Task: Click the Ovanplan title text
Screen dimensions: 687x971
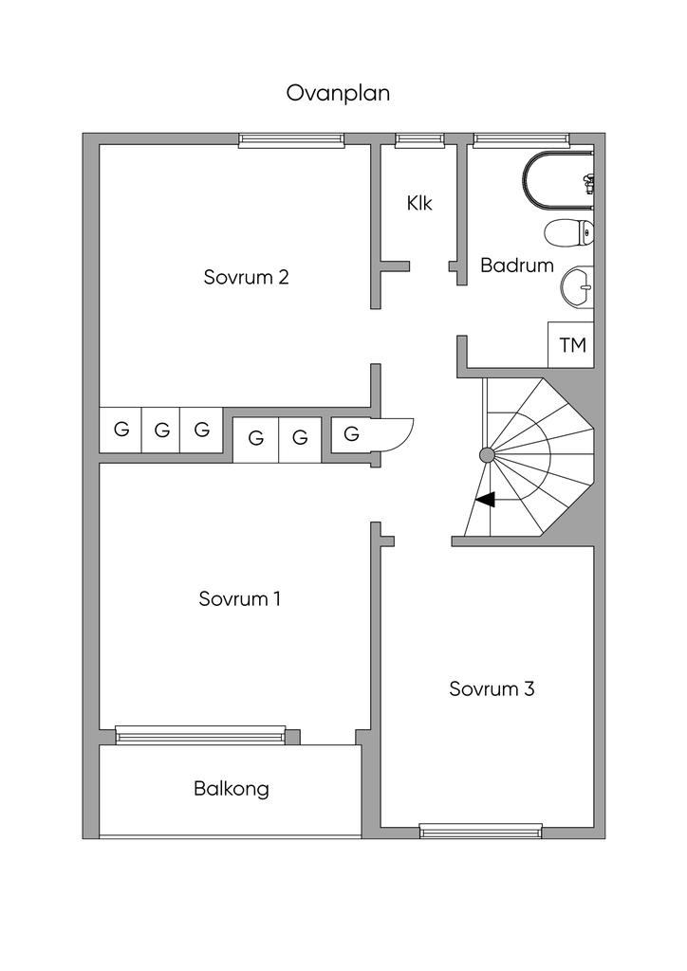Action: coord(338,93)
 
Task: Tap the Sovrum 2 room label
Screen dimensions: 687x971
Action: coord(246,277)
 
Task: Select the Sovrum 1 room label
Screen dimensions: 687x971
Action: coord(239,599)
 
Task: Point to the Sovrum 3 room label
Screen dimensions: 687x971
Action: coord(492,688)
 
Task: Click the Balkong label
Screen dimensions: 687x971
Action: coord(232,788)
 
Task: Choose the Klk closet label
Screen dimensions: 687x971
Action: coord(419,203)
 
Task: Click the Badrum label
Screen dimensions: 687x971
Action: coord(516,266)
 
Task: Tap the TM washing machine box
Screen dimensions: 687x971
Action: coord(572,345)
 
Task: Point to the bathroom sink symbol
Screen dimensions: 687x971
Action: coord(577,286)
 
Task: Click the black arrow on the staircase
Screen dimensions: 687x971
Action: coord(485,500)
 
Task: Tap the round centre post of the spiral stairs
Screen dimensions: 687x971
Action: coord(487,455)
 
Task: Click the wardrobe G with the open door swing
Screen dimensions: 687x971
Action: coord(352,435)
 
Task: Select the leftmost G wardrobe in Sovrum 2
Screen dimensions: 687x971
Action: coord(121,430)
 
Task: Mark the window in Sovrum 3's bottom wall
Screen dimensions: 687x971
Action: coord(481,832)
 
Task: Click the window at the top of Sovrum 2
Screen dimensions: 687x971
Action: coord(291,140)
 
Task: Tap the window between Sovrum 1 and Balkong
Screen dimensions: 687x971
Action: coord(200,733)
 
